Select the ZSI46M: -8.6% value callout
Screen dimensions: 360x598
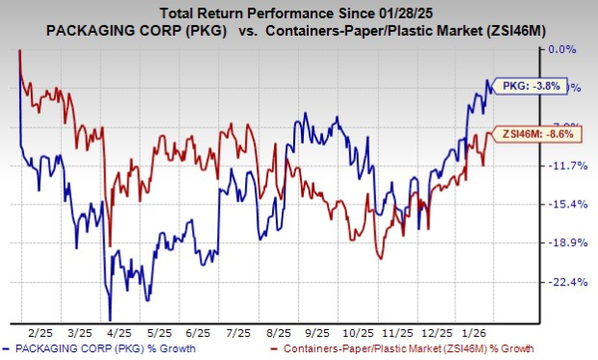(532, 135)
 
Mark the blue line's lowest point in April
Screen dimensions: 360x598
(110, 319)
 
